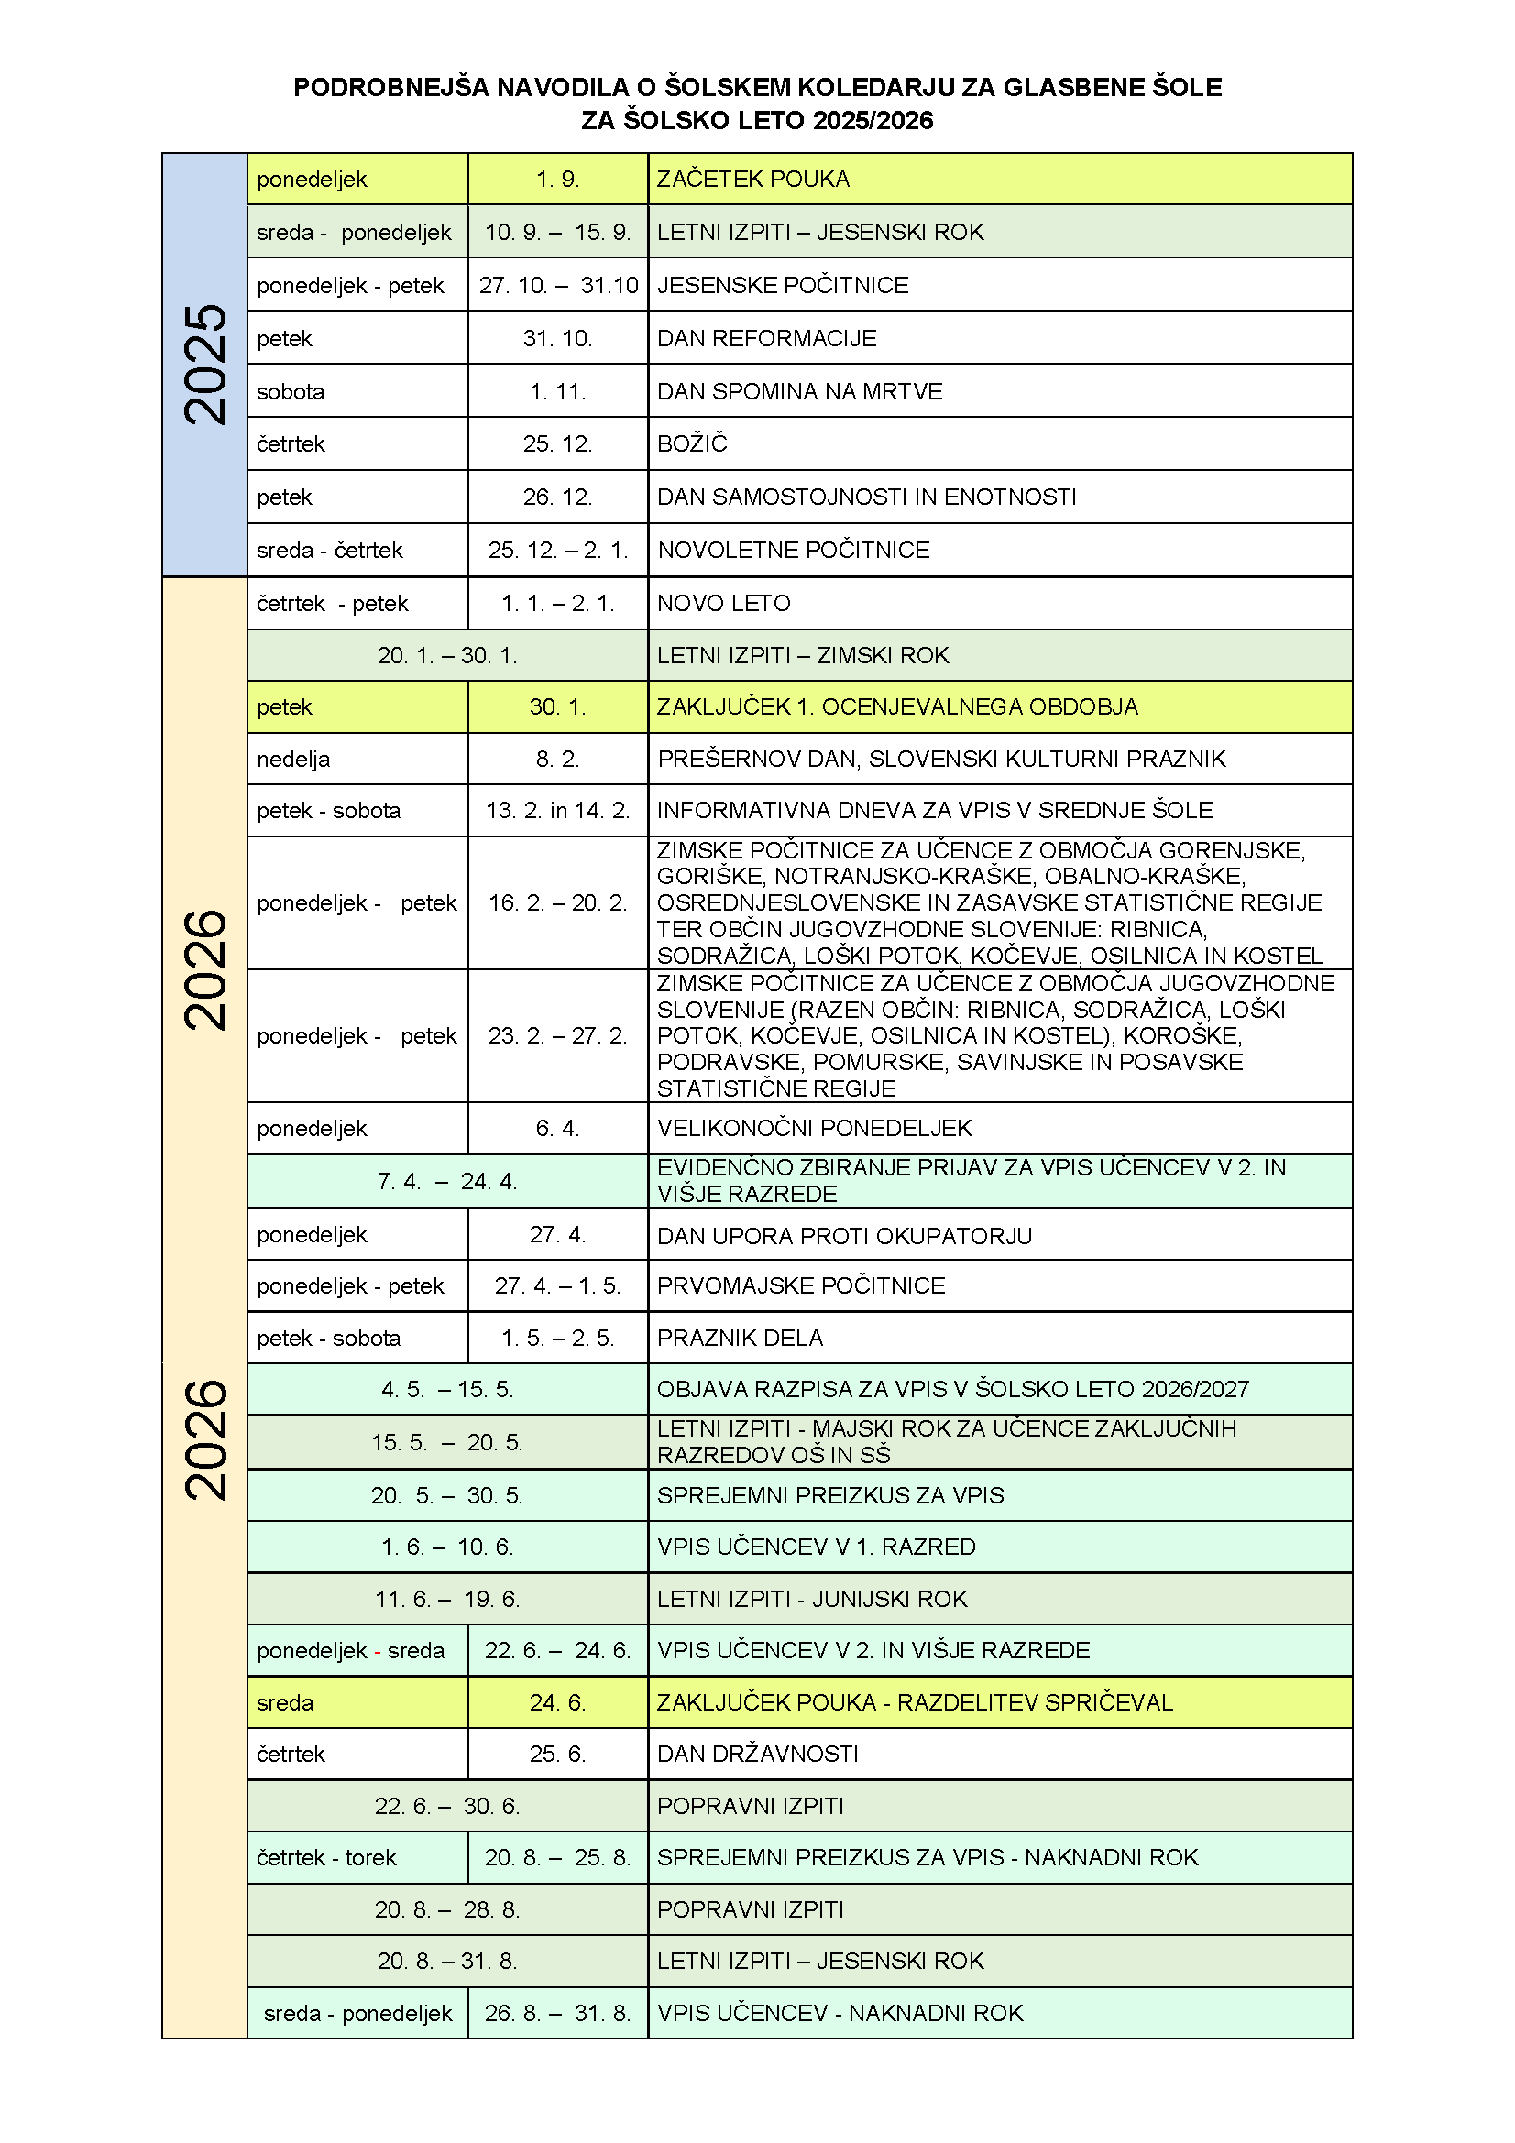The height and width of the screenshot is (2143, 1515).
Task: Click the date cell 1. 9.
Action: pyautogui.click(x=557, y=180)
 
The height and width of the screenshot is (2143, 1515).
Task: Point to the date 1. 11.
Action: pyautogui.click(x=557, y=392)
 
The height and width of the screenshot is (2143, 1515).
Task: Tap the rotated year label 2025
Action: pyautogui.click(x=204, y=365)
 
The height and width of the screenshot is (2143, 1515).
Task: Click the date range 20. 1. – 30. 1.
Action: pyautogui.click(x=447, y=656)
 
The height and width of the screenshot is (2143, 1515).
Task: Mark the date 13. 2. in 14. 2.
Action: pyautogui.click(x=557, y=811)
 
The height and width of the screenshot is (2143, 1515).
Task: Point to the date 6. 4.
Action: pyautogui.click(x=557, y=1129)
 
